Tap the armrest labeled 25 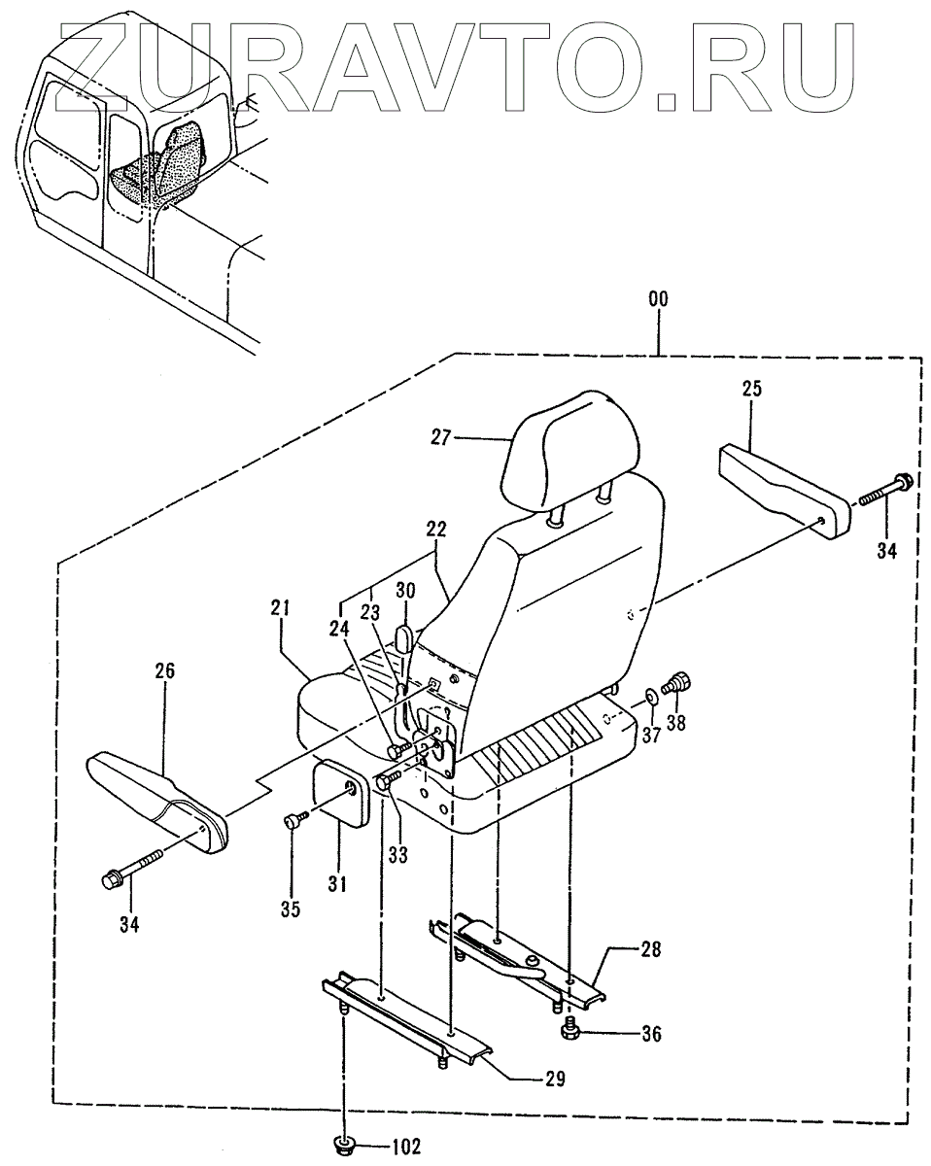coord(781,483)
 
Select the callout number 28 coord(651,949)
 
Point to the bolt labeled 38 coord(677,684)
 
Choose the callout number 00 coord(658,301)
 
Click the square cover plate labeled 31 coord(339,791)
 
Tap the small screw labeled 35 coord(293,822)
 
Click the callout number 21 coord(281,609)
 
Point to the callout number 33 coord(397,855)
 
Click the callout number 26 coord(163,670)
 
